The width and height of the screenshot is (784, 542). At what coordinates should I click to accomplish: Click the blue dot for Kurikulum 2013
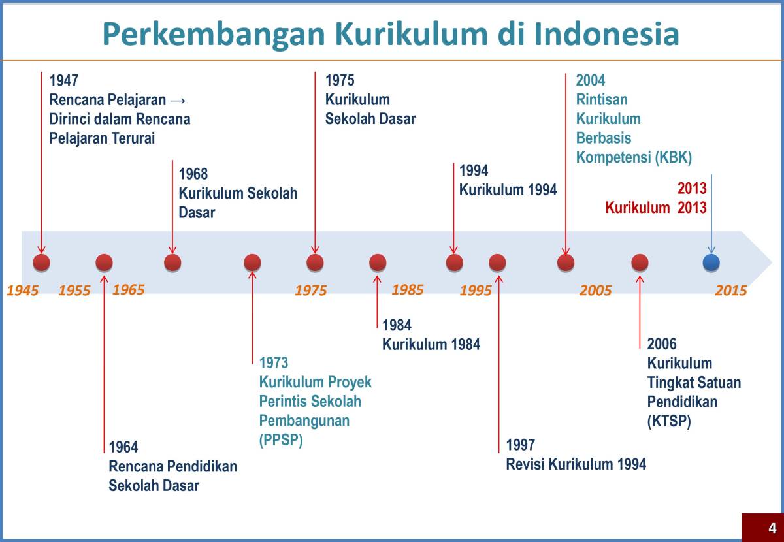click(x=711, y=263)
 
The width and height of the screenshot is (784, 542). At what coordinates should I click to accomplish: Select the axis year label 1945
click(x=23, y=291)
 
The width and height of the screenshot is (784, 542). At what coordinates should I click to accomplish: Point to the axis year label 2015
click(x=730, y=291)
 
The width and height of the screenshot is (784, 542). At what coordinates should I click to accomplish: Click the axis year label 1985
click(x=408, y=289)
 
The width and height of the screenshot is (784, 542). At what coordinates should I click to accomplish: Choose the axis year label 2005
click(x=595, y=291)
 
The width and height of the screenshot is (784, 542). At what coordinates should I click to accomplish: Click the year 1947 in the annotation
click(x=64, y=81)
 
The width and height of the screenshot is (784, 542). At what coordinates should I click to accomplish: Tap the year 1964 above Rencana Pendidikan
click(x=123, y=447)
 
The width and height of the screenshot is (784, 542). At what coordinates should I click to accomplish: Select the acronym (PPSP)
click(x=281, y=440)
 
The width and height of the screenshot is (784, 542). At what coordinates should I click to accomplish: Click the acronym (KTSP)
click(x=669, y=421)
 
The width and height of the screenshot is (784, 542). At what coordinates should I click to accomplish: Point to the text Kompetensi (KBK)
click(x=633, y=157)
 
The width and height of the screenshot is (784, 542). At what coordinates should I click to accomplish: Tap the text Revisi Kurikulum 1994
click(x=576, y=464)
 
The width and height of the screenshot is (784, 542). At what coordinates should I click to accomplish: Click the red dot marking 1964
click(x=104, y=263)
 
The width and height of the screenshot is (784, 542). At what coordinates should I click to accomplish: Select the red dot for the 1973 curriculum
click(x=252, y=263)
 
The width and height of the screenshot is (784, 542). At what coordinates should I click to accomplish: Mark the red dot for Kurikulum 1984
click(x=378, y=263)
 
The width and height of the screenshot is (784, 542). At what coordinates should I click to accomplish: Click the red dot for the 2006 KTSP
click(x=640, y=263)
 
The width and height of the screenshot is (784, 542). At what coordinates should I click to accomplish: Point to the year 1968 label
click(x=193, y=174)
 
